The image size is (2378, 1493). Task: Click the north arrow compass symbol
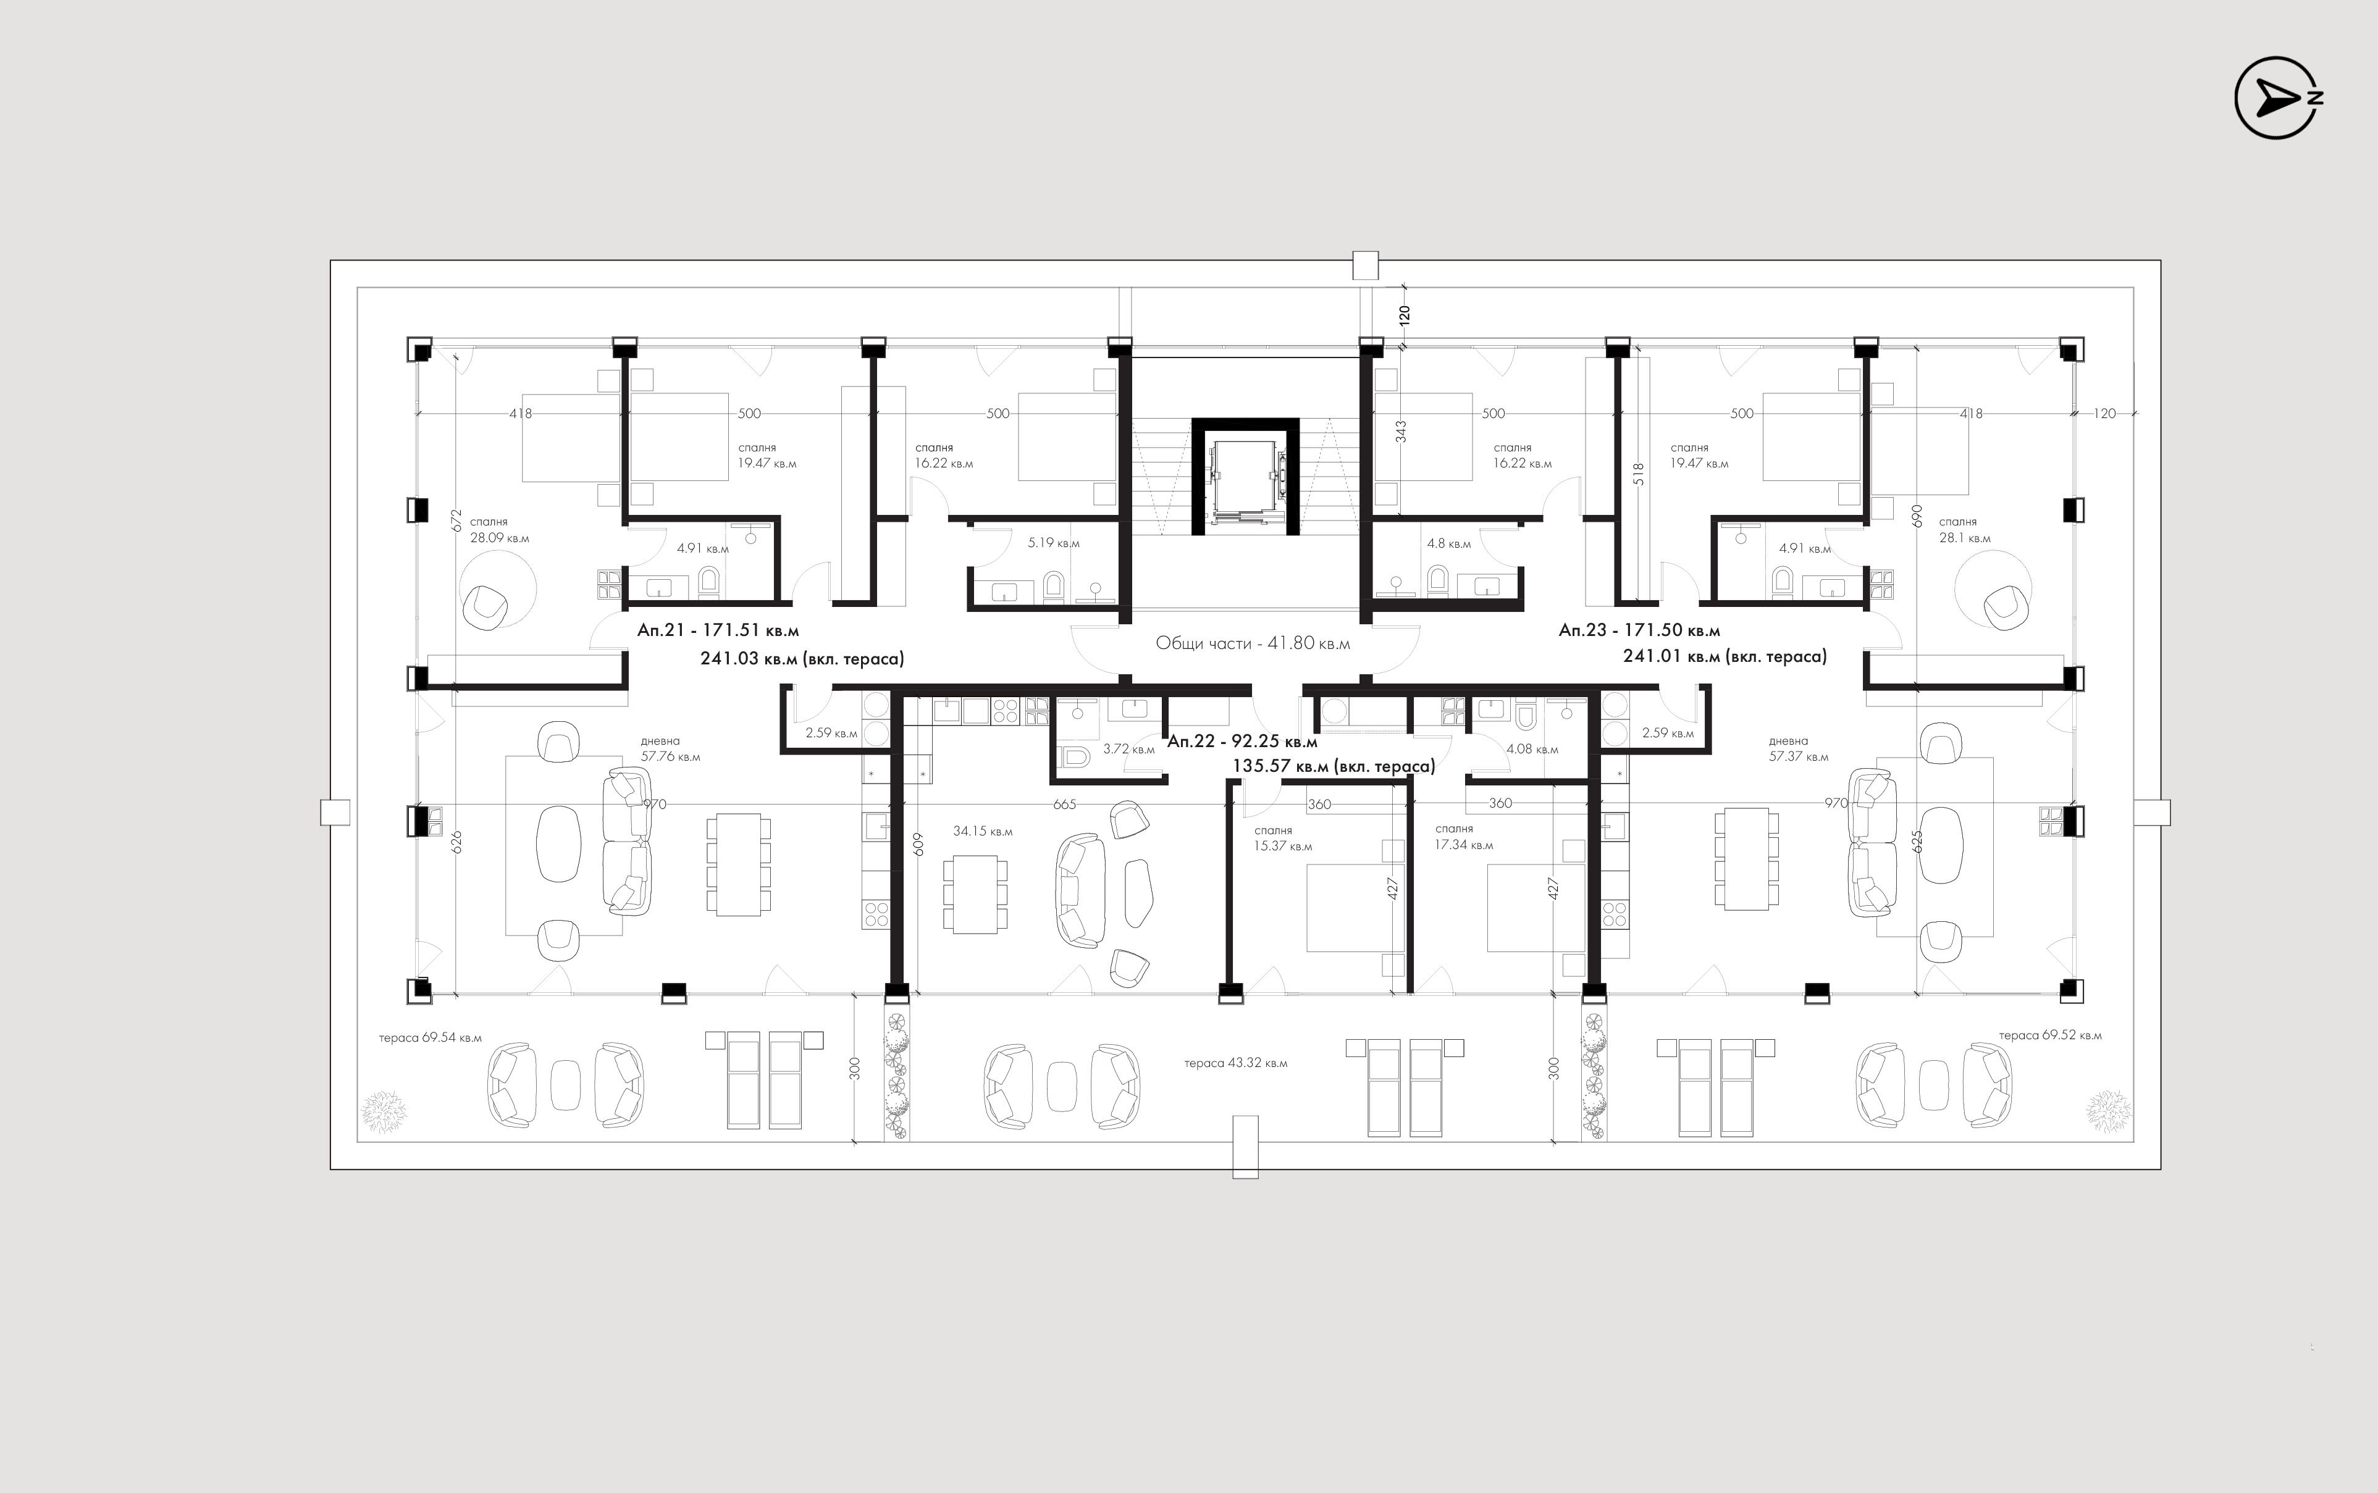click(2277, 97)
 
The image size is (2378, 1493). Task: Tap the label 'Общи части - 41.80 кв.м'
click(1253, 643)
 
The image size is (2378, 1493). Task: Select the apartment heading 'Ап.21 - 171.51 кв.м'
click(718, 630)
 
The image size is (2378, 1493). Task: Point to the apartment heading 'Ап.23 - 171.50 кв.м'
click(1639, 630)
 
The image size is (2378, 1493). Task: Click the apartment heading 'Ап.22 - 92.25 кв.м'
click(1242, 742)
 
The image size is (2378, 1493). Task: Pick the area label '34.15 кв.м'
click(983, 832)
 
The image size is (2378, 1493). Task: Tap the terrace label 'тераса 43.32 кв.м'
click(1235, 1063)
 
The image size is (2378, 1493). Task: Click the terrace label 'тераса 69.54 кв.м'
click(431, 1038)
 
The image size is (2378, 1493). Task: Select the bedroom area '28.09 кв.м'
click(500, 538)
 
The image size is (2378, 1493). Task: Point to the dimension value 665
click(1065, 805)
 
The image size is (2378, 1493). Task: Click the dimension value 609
click(918, 843)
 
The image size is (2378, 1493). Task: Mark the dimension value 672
click(456, 521)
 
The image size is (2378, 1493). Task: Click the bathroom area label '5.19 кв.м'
click(1054, 543)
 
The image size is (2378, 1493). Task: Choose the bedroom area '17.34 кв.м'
click(1463, 845)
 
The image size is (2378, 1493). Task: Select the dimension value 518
click(1638, 475)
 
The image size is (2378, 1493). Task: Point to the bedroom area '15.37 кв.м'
click(1283, 847)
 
